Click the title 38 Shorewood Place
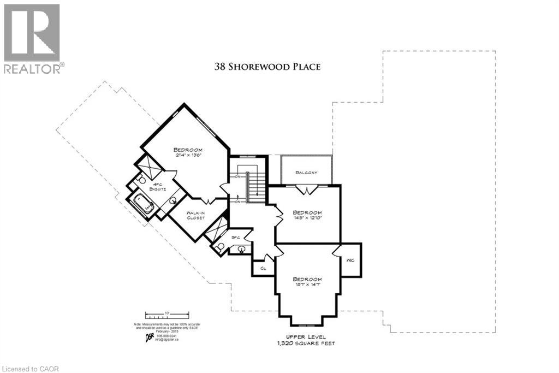click(267, 67)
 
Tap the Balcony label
click(306, 173)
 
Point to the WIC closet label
click(350, 260)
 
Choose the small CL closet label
click(263, 269)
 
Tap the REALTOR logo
click(33, 38)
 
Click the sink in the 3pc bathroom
click(241, 249)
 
